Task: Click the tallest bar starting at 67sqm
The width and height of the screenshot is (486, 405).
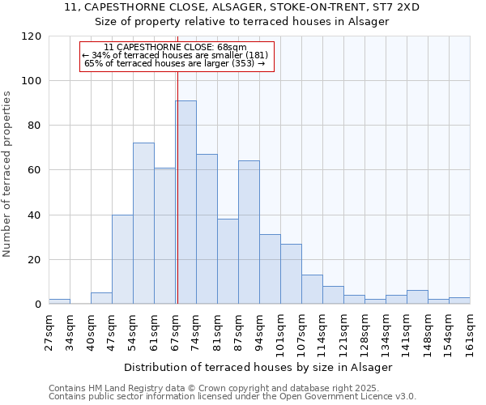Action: (185, 202)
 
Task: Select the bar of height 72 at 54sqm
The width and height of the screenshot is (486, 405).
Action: (143, 224)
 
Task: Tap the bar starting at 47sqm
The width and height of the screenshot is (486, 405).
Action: (122, 259)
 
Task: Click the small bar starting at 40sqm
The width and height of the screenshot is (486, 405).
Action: (101, 298)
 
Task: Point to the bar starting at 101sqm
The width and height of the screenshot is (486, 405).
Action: (291, 274)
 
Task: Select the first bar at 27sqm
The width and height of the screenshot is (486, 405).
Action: (59, 301)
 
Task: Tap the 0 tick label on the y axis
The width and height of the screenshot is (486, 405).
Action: (38, 305)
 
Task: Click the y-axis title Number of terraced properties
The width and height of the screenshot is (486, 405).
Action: (8, 174)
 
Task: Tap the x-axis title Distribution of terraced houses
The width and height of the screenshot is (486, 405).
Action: (258, 367)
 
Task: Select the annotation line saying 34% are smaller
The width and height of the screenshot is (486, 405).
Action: (177, 55)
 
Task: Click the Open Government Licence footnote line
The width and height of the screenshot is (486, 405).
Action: (232, 396)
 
